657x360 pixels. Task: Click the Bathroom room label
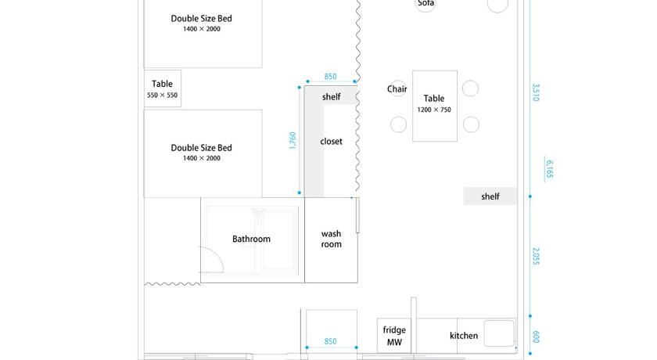click(251, 239)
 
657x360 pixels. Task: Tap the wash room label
click(331, 239)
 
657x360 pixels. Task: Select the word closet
click(331, 141)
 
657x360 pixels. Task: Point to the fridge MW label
click(394, 336)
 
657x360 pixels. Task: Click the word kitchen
click(464, 336)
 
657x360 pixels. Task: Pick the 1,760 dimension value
click(293, 140)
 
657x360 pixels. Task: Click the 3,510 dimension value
click(536, 92)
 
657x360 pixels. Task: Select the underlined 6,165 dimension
click(549, 169)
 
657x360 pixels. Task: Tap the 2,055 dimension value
click(536, 256)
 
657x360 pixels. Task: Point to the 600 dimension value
click(536, 337)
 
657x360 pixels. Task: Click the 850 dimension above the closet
click(330, 76)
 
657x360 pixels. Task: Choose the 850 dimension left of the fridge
click(330, 341)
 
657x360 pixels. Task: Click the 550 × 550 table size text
click(162, 95)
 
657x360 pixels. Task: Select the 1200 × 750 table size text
click(434, 110)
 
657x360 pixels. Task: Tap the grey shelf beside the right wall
click(490, 196)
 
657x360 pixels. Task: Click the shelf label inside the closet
click(331, 97)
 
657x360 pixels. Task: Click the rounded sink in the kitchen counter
click(499, 333)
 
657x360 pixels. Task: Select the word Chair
click(397, 89)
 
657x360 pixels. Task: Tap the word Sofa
click(425, 3)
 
